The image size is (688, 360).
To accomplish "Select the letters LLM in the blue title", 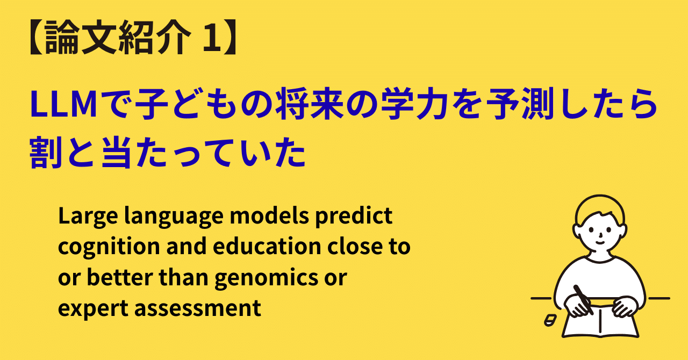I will click(x=59, y=105).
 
